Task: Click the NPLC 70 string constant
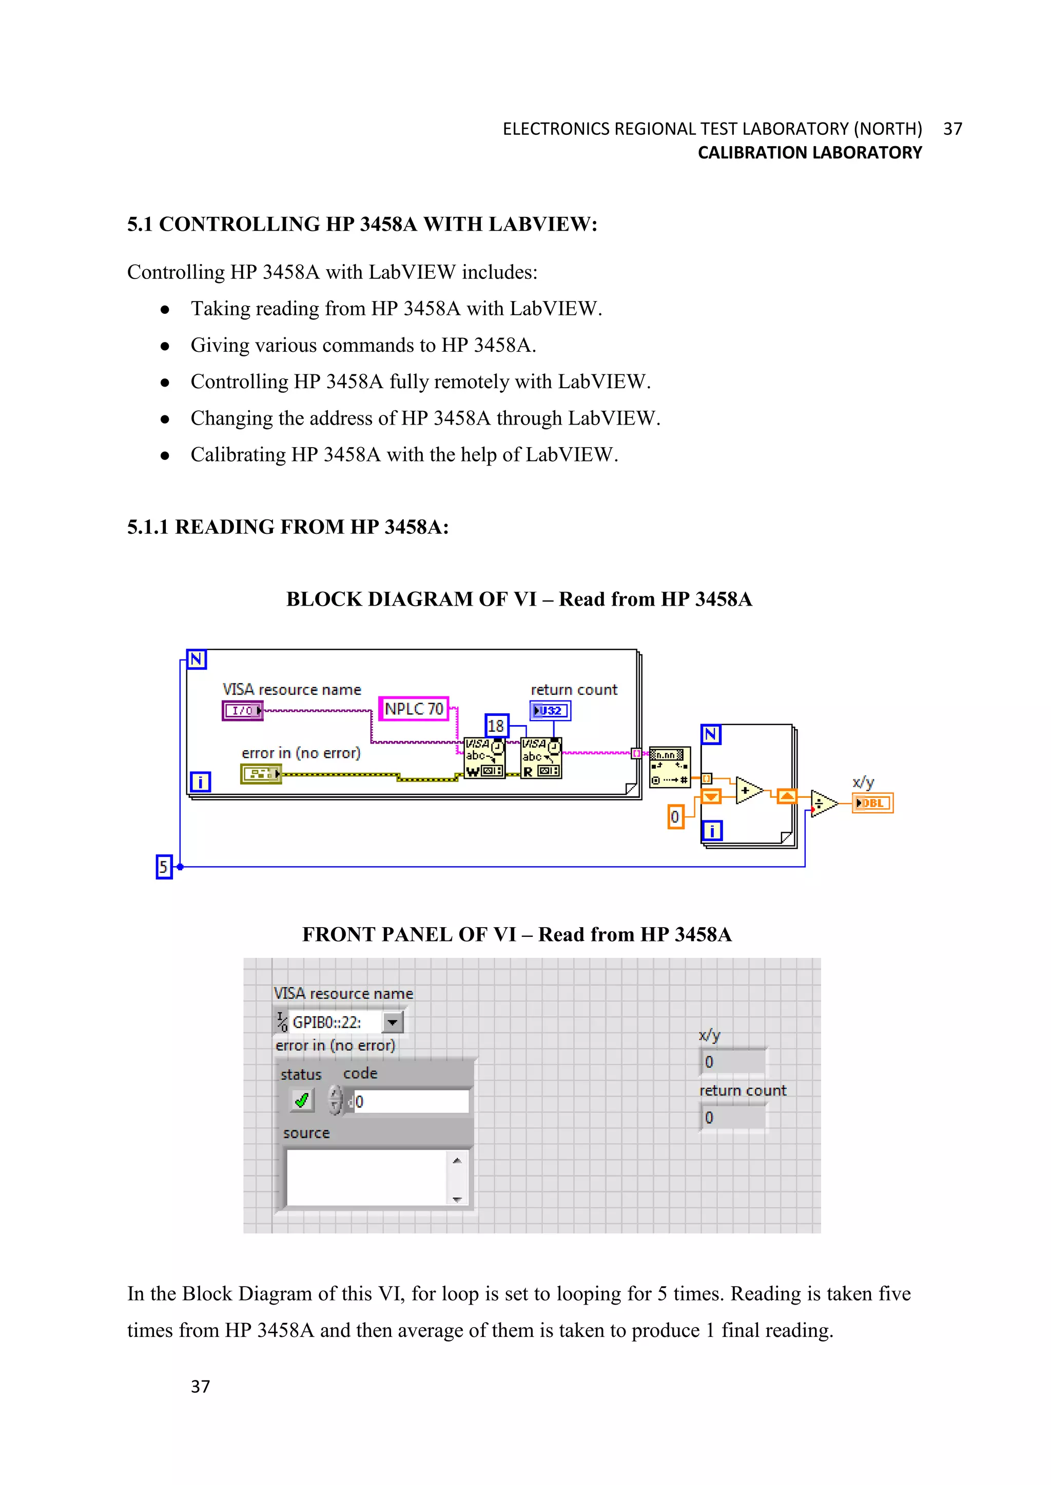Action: pyautogui.click(x=414, y=710)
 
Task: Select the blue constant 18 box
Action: pyautogui.click(x=496, y=726)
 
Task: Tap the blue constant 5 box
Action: pyautogui.click(x=164, y=867)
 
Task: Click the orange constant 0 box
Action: pyautogui.click(x=675, y=817)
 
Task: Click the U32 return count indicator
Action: pyautogui.click(x=550, y=711)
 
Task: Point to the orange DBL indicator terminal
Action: pyautogui.click(x=872, y=804)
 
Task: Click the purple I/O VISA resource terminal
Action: pyautogui.click(x=243, y=711)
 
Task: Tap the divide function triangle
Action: pyautogui.click(x=822, y=804)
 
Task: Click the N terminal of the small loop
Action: pyautogui.click(x=711, y=735)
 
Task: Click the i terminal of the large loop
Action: pyautogui.click(x=200, y=782)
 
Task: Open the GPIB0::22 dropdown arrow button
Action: pyautogui.click(x=392, y=1022)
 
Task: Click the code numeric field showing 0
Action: pyautogui.click(x=411, y=1101)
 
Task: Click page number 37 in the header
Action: pyautogui.click(x=952, y=129)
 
